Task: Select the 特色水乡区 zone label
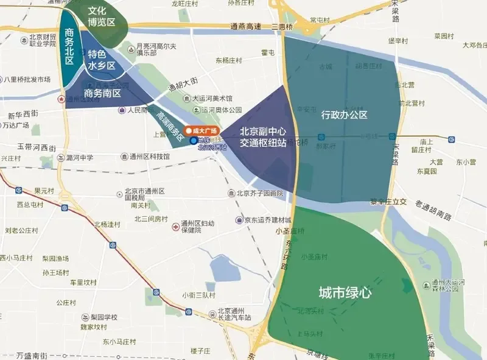pos(101,59)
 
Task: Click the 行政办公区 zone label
pos(344,115)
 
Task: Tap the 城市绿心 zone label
pos(345,292)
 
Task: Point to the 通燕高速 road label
pos(246,27)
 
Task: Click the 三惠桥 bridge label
pos(282,27)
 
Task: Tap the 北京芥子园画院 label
pos(259,193)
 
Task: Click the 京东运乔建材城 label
pos(268,219)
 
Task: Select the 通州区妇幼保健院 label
pos(199,227)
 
